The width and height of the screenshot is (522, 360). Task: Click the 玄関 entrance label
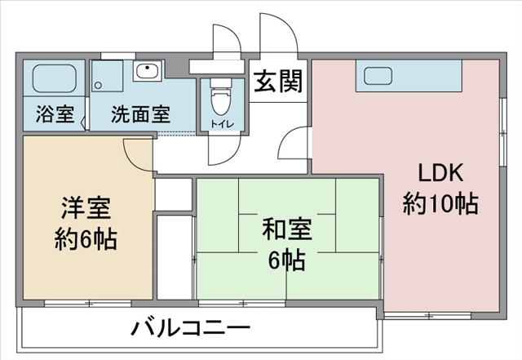[278, 81]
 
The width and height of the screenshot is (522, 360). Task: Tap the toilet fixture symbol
[222, 97]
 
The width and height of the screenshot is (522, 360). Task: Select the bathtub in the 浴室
[55, 78]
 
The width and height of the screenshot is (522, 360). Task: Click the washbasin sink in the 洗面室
[148, 70]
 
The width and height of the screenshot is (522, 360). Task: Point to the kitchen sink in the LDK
[378, 76]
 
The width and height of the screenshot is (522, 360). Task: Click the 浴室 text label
[55, 113]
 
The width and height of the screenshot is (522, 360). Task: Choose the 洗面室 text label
[141, 114]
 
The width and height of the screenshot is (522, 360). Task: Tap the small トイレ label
[222, 124]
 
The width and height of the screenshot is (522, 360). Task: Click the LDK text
[440, 172]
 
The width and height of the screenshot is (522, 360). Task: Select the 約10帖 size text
[440, 203]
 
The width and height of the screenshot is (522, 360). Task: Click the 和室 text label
[287, 229]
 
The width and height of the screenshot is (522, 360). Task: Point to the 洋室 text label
[86, 208]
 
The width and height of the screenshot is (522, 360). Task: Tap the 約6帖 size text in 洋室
[86, 238]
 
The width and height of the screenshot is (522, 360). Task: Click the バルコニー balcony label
[190, 328]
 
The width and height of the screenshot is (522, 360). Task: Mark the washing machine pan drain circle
[98, 86]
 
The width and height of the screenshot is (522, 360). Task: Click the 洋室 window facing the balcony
[88, 304]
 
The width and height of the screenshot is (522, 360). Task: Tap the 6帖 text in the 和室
[287, 260]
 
